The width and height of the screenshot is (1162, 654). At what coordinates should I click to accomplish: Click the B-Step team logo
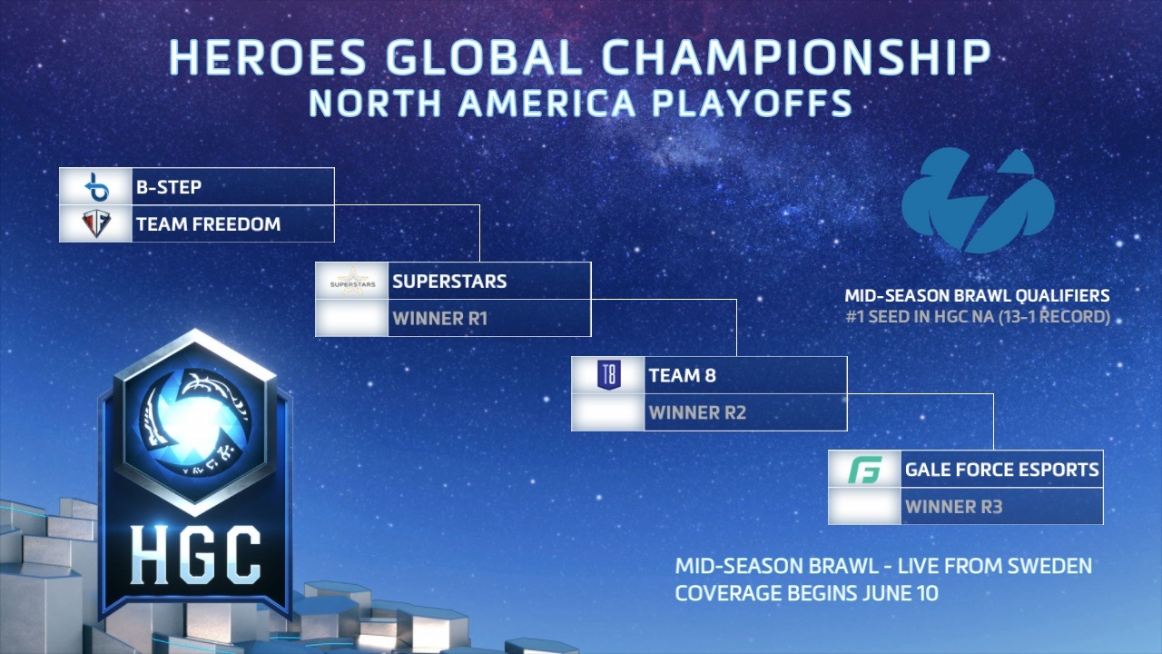coord(96,186)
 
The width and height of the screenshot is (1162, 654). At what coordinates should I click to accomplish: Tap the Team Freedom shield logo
coord(96,223)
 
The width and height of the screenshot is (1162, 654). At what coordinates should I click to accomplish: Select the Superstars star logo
coord(353,282)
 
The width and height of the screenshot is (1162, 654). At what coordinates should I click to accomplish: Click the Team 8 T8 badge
coord(609,375)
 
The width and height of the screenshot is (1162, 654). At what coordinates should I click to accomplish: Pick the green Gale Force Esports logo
coord(865,470)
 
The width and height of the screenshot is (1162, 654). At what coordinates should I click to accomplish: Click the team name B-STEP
coord(169,187)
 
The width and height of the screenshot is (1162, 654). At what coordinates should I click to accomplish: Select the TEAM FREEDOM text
coord(209,224)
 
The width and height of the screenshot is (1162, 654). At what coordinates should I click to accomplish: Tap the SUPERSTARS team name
coord(449,282)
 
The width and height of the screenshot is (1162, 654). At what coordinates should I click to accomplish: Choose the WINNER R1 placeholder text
coord(440,319)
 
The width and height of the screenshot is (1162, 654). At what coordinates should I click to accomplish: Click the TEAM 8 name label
coord(682,375)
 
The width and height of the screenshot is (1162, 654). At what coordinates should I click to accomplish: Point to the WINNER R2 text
coord(697,412)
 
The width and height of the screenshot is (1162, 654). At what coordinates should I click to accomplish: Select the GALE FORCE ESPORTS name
coord(1001,470)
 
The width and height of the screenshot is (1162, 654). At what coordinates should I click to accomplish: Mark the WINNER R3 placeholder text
coord(953,507)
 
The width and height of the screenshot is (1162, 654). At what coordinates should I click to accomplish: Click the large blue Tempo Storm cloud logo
coord(978,201)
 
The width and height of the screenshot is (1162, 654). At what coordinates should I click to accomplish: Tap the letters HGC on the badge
coord(195,554)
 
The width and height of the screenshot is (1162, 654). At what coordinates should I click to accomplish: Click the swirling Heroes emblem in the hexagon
coord(195,422)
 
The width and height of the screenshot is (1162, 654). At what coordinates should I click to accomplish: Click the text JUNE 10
coord(901,593)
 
